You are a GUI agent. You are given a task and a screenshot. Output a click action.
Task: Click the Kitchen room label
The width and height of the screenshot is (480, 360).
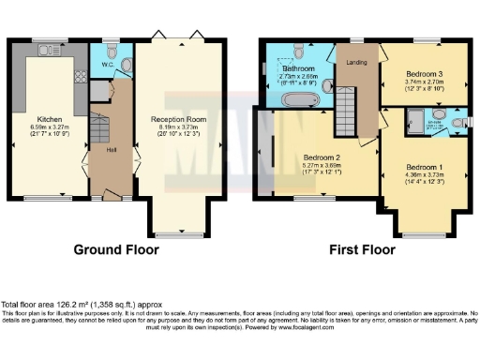pos(50,119)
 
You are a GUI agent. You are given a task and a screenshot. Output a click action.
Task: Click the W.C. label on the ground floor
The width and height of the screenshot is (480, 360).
pos(108,65)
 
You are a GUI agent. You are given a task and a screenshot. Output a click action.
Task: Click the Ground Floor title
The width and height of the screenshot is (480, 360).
pos(116,250)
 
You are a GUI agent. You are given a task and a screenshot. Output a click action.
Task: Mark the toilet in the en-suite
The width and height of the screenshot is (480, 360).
pos(457,122)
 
